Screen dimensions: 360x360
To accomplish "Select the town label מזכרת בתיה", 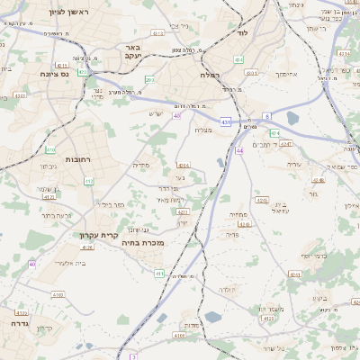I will (x=142, y=243).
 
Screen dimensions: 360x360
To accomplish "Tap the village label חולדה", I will (x=228, y=290).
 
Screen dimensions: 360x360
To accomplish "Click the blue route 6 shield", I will (x=267, y=116).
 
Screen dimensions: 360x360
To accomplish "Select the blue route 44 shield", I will (x=239, y=151).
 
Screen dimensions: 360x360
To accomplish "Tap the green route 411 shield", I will (x=159, y=273).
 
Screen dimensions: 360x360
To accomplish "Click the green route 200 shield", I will (x=149, y=80).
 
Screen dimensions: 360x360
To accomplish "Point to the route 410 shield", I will (x=51, y=149).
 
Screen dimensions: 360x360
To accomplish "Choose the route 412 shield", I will (x=88, y=182).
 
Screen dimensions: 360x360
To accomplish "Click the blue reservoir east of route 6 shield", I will (x=292, y=117).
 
